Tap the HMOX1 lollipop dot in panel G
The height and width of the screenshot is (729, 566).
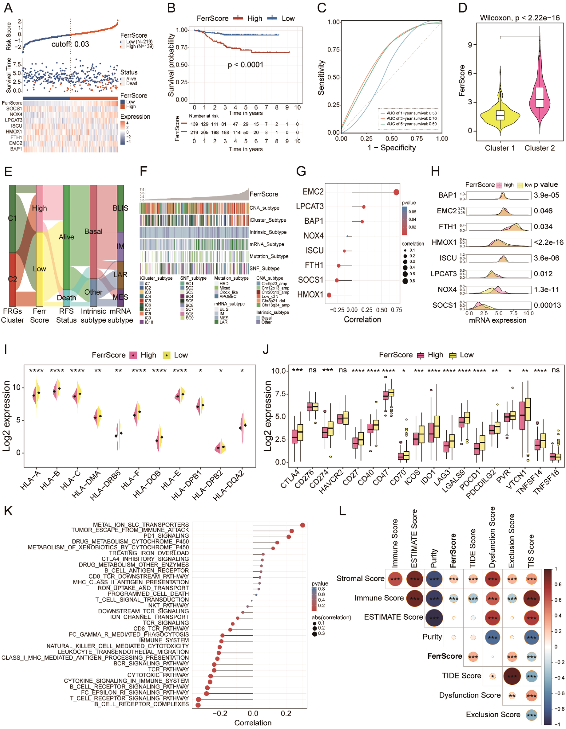[329, 295]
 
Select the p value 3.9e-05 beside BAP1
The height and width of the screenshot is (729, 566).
[546, 195]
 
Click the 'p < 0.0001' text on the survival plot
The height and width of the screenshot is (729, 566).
[245, 65]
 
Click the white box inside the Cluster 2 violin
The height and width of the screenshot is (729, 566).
[539, 97]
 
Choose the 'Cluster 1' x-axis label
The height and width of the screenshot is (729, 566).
[500, 148]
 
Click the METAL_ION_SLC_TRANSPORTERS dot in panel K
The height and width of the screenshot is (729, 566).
[302, 525]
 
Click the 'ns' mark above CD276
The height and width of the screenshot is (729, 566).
[312, 370]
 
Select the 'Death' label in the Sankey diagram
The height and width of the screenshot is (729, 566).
[66, 297]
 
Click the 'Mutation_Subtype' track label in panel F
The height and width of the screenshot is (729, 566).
[269, 256]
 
